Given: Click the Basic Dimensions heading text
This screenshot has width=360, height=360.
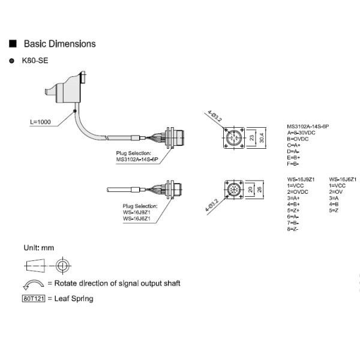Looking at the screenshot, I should tap(59, 44).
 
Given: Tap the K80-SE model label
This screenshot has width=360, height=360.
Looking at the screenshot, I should tap(35, 61).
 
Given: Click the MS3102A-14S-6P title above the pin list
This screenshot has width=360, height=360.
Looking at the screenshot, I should tap(308, 126).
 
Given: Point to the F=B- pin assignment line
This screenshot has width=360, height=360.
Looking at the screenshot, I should tap(293, 164).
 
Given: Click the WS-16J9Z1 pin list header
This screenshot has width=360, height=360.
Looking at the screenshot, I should tap(301, 179).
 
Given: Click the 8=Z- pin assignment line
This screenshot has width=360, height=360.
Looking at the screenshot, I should tap(293, 229).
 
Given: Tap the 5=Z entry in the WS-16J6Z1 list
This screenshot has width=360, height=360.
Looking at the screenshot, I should tap(334, 211).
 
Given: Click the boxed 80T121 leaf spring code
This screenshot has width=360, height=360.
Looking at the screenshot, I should tap(33, 298).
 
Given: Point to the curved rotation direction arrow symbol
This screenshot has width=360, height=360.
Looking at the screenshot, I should tap(33, 284).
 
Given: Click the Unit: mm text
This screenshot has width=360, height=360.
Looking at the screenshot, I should tap(39, 247).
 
